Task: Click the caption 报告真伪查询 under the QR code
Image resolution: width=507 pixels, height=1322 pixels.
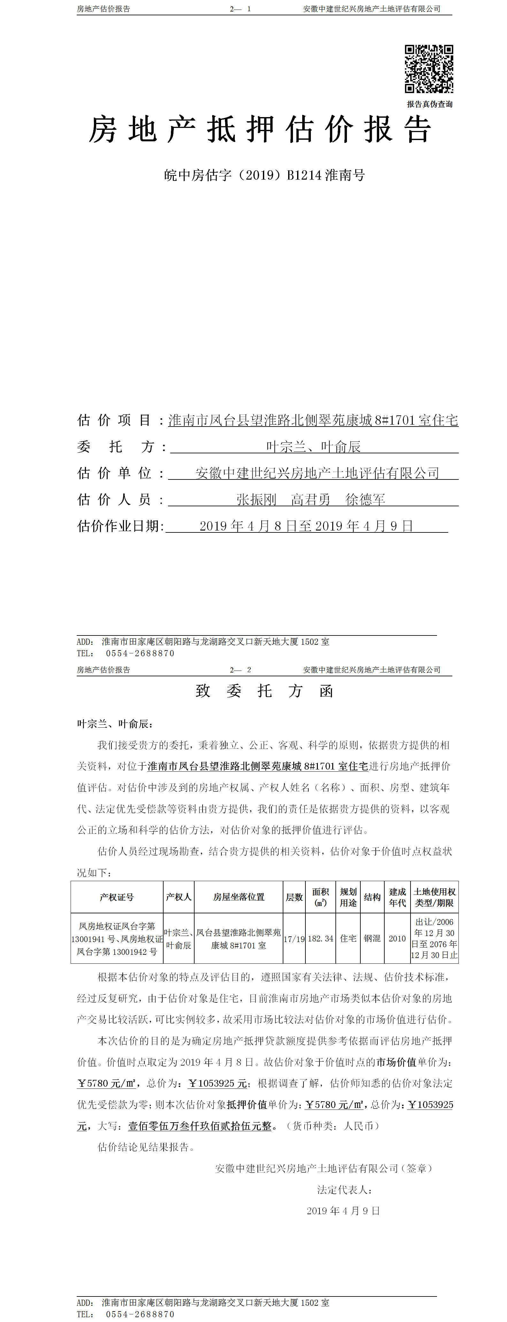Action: [429, 104]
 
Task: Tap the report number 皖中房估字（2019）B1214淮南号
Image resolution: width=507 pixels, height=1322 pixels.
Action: [264, 175]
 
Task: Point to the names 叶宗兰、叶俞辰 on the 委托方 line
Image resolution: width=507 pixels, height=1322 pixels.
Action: [313, 447]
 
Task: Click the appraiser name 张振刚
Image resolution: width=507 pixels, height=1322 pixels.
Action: [256, 499]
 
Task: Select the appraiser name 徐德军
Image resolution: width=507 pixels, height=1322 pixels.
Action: [365, 499]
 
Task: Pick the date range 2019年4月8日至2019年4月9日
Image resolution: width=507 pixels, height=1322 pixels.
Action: [306, 526]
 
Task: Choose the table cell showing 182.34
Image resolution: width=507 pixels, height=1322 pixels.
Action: [320, 939]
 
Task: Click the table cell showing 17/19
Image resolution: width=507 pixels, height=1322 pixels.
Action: [294, 939]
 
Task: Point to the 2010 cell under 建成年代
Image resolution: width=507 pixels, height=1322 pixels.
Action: [397, 939]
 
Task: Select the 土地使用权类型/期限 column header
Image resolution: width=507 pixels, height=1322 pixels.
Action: [434, 897]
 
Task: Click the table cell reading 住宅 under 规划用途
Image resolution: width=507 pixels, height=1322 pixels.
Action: [348, 939]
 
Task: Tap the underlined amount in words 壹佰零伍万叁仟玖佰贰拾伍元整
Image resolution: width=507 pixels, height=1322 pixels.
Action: [200, 1126]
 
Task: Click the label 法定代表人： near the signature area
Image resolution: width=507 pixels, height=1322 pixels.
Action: [344, 1190]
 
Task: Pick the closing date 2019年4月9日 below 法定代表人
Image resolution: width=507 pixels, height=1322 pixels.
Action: [343, 1211]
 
